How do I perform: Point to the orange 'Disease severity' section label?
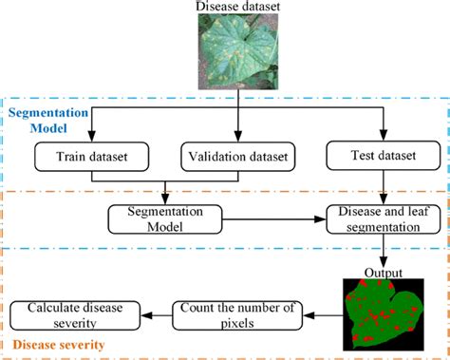pyautogui.click(x=60, y=344)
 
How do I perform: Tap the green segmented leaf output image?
pyautogui.click(x=381, y=310)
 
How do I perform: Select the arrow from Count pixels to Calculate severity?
pyautogui.click(x=156, y=311)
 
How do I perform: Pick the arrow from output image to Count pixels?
pyautogui.click(x=324, y=311)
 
